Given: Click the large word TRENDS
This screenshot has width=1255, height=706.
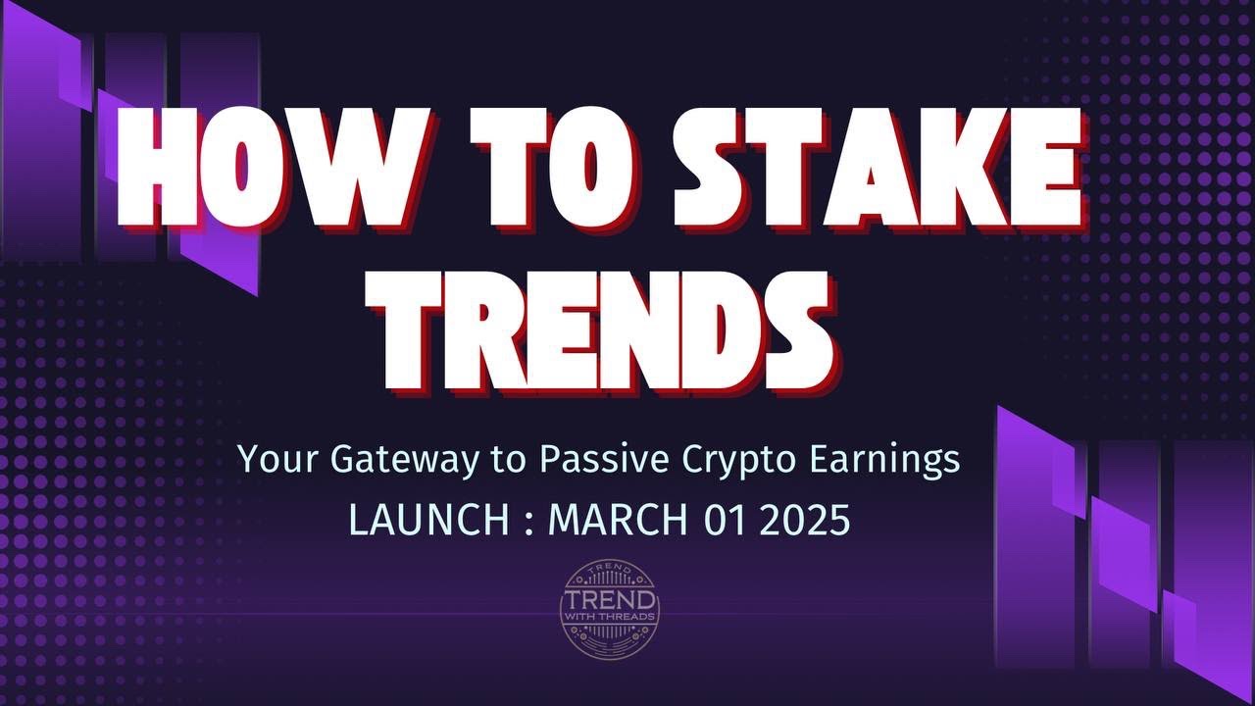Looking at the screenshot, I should coord(607,328).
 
